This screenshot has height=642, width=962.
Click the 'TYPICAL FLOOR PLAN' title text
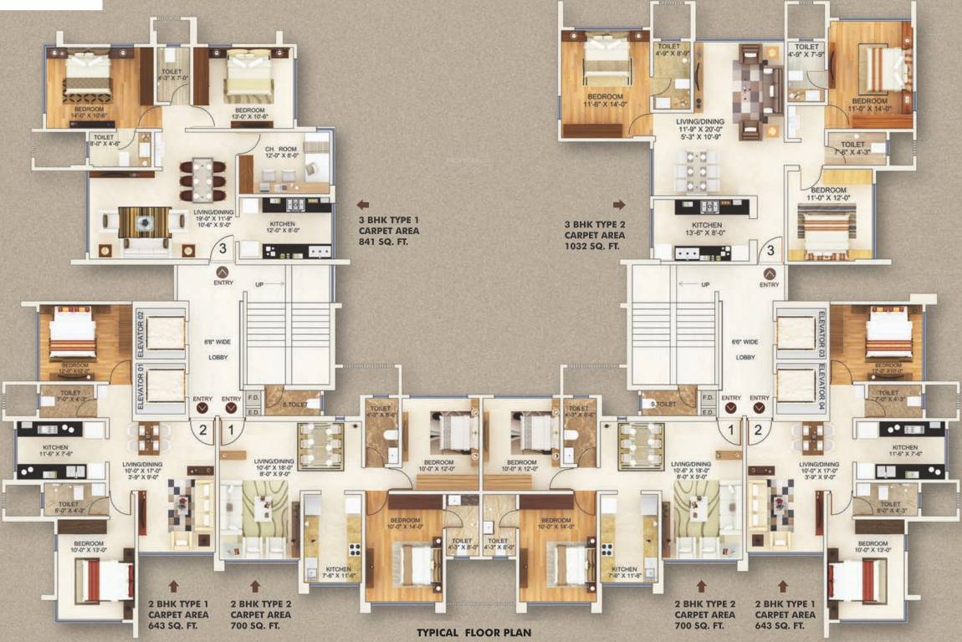(x=473, y=633)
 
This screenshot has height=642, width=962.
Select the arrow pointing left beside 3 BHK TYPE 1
(x=363, y=204)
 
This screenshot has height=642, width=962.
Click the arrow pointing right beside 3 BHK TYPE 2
(x=619, y=204)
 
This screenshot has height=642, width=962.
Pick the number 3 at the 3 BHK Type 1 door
(x=223, y=247)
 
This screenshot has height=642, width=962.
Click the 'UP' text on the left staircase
(x=259, y=284)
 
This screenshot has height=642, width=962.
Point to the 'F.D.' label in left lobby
(x=253, y=399)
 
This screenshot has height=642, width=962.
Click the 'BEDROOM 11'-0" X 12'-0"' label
(x=829, y=194)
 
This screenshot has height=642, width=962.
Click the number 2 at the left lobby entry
(x=202, y=431)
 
